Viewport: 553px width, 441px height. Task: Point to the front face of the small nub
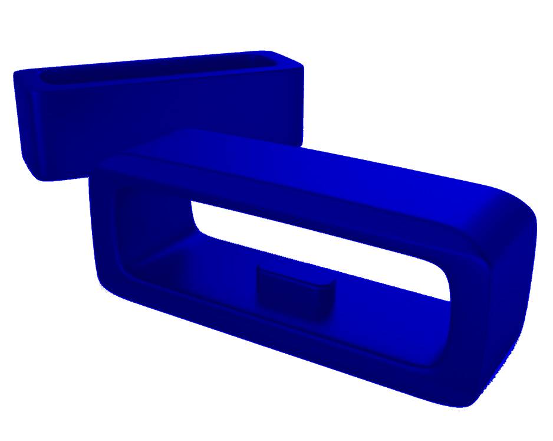tap(291, 298)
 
